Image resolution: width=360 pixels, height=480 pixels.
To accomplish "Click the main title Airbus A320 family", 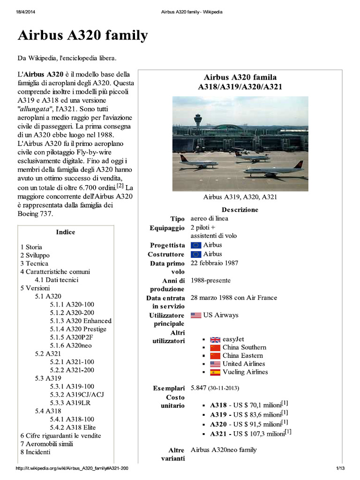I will [x=82, y=36].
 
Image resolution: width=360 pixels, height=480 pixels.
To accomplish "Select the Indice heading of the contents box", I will [x=65, y=232].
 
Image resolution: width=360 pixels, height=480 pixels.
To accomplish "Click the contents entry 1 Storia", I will [x=31, y=247].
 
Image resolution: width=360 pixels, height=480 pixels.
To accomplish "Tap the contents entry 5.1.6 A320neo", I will [x=71, y=345].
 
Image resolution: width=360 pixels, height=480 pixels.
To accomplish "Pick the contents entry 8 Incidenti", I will [x=35, y=452].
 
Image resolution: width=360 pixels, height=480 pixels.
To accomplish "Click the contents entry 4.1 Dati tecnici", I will [x=56, y=280].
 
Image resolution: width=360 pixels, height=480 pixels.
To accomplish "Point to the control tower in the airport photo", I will [x=198, y=120].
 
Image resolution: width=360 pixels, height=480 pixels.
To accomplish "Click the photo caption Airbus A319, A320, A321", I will [x=240, y=197].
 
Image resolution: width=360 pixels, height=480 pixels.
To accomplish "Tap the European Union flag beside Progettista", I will [x=196, y=245].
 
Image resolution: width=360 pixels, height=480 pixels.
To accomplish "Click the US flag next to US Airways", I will [x=196, y=315].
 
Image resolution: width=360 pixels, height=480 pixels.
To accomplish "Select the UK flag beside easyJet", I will [x=215, y=339].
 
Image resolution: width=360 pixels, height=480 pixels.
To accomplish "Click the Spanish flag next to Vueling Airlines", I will [x=215, y=372].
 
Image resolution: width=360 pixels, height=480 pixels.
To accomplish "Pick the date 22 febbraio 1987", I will [x=214, y=263].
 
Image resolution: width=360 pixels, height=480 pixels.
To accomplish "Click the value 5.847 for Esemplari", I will [x=199, y=389].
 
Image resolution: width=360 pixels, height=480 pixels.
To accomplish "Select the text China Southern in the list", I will [x=244, y=347].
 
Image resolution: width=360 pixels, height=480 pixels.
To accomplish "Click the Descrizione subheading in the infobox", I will [x=240, y=210].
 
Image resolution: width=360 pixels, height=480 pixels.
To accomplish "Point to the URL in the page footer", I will [x=72, y=469].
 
